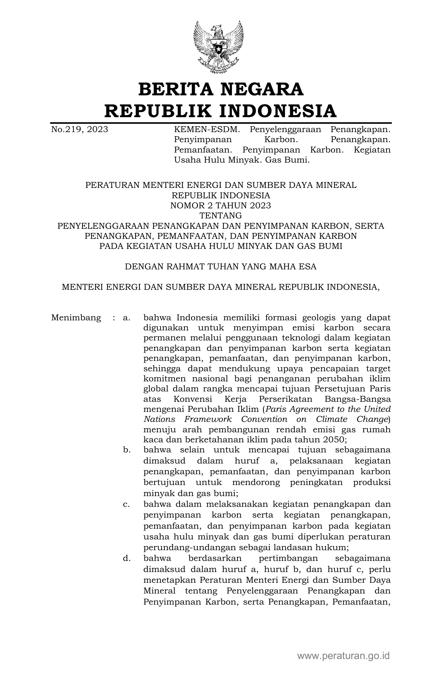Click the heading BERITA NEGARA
tap(221, 89)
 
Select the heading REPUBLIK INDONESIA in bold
tap(221, 111)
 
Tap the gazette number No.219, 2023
tap(79, 130)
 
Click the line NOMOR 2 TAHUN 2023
tap(221, 206)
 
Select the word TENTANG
tap(221, 216)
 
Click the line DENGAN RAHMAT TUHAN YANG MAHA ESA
tap(221, 267)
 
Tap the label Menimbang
tap(76, 318)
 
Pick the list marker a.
tap(126, 318)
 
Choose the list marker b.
tap(127, 450)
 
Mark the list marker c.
tap(126, 504)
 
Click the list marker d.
tap(127, 558)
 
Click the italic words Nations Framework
tap(188, 419)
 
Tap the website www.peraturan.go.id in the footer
tap(344, 656)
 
